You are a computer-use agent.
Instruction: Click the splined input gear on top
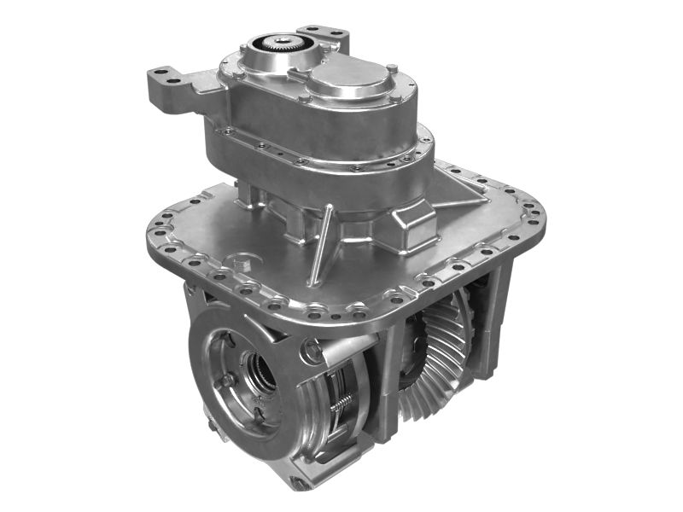[x=281, y=44]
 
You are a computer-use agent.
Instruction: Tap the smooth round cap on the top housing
[x=345, y=80]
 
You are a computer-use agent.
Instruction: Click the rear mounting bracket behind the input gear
[x=329, y=38]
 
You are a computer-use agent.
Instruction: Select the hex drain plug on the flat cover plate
[x=242, y=264]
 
